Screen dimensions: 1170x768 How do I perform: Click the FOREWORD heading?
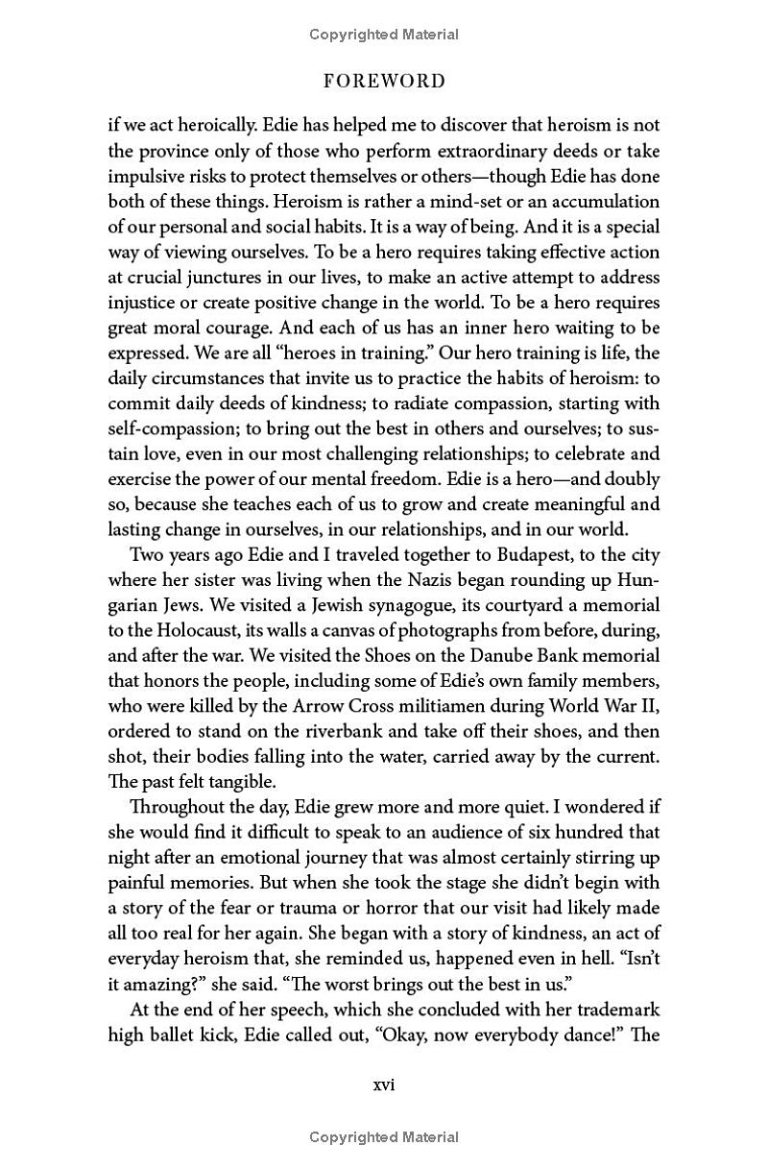384,82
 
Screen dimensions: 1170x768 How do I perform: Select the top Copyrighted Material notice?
384,35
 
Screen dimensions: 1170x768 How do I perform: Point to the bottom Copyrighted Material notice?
384,1137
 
